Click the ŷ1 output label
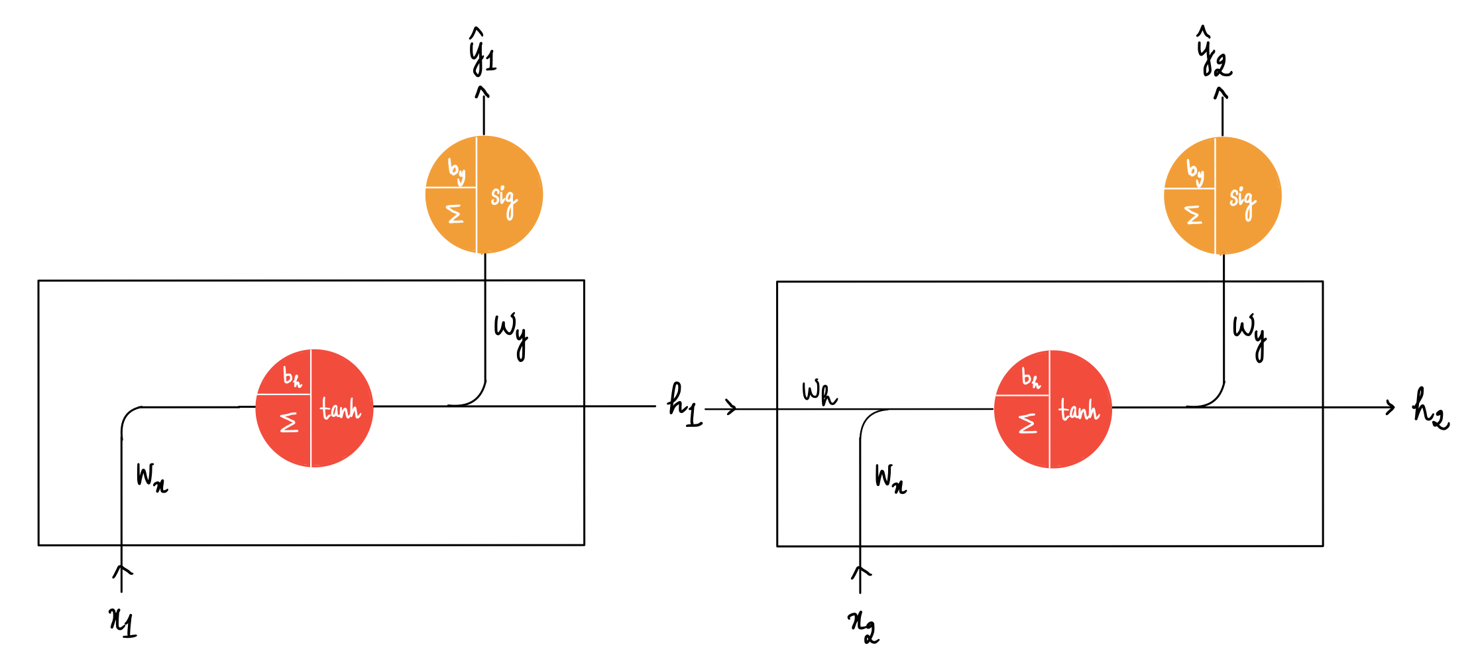[x=482, y=53]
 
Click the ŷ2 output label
[x=1214, y=54]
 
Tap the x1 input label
[x=123, y=622]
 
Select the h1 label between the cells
[x=683, y=405]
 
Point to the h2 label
[x=1430, y=408]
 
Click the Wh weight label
[x=819, y=392]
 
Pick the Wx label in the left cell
[x=152, y=477]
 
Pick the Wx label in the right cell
[x=890, y=479]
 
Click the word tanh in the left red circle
[x=341, y=409]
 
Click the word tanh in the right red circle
[x=1079, y=410]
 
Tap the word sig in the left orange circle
[x=504, y=200]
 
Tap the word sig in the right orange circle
[x=1242, y=201]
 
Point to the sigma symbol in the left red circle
[x=289, y=422]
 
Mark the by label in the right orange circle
[x=1195, y=172]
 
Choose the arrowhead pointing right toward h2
[x=1390, y=407]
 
